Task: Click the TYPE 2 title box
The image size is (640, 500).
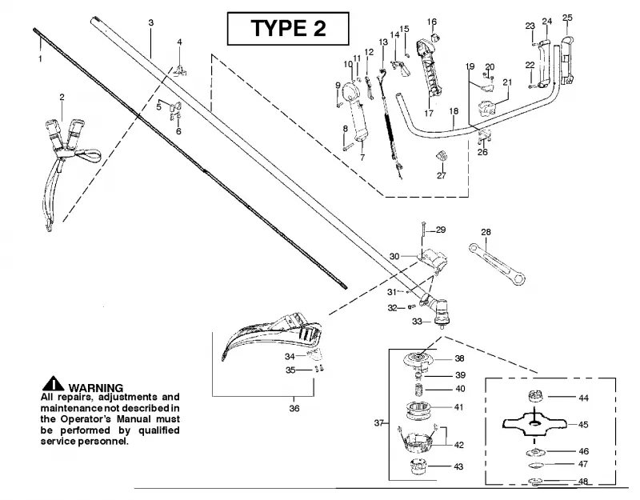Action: (288, 28)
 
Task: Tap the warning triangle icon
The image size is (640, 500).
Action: (53, 383)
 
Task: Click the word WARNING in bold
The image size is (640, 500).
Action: (95, 388)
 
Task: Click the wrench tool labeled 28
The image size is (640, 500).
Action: (496, 264)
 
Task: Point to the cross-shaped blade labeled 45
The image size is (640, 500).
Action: (534, 424)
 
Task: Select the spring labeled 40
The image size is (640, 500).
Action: (418, 389)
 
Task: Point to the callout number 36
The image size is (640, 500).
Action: (294, 408)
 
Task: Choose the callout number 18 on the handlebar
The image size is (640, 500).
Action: (454, 111)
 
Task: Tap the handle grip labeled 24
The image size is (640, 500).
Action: (544, 64)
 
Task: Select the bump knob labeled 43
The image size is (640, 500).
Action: (418, 466)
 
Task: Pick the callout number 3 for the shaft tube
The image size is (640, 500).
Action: (151, 23)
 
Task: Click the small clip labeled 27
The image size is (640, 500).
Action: (442, 156)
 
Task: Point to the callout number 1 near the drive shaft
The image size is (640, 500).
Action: (40, 58)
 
